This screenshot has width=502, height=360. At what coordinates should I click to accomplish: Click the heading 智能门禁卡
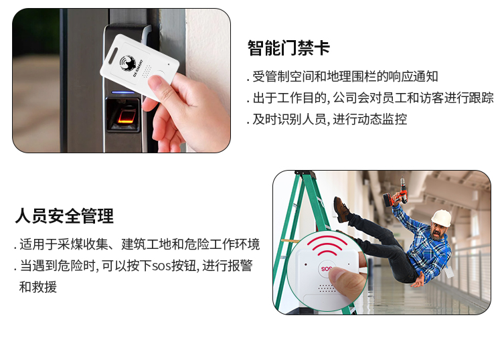click(x=288, y=48)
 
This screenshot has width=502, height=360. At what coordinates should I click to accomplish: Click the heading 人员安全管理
click(x=64, y=215)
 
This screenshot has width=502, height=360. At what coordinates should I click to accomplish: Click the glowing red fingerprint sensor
click(x=126, y=117)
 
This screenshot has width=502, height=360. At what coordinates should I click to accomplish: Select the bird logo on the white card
click(x=128, y=64)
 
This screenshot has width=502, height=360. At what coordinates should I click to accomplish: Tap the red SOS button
click(x=326, y=268)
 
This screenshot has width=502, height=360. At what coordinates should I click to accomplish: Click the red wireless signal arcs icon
click(x=327, y=246)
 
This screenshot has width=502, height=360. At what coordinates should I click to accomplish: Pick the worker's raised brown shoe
click(x=341, y=209)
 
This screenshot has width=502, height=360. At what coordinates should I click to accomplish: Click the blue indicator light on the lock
click(x=123, y=93)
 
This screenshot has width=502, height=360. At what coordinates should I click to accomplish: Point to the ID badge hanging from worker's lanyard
click(x=450, y=272)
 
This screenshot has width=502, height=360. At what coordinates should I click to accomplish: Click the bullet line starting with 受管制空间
click(x=343, y=77)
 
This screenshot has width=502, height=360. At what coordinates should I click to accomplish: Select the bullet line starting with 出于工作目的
click(x=370, y=98)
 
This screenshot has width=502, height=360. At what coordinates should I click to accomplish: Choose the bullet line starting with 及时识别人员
click(x=327, y=119)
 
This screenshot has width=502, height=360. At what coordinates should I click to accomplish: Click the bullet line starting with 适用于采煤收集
click(x=137, y=244)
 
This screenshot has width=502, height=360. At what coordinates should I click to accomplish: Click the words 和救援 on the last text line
click(x=38, y=287)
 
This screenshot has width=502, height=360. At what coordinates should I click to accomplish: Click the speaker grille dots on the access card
click(x=147, y=72)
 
